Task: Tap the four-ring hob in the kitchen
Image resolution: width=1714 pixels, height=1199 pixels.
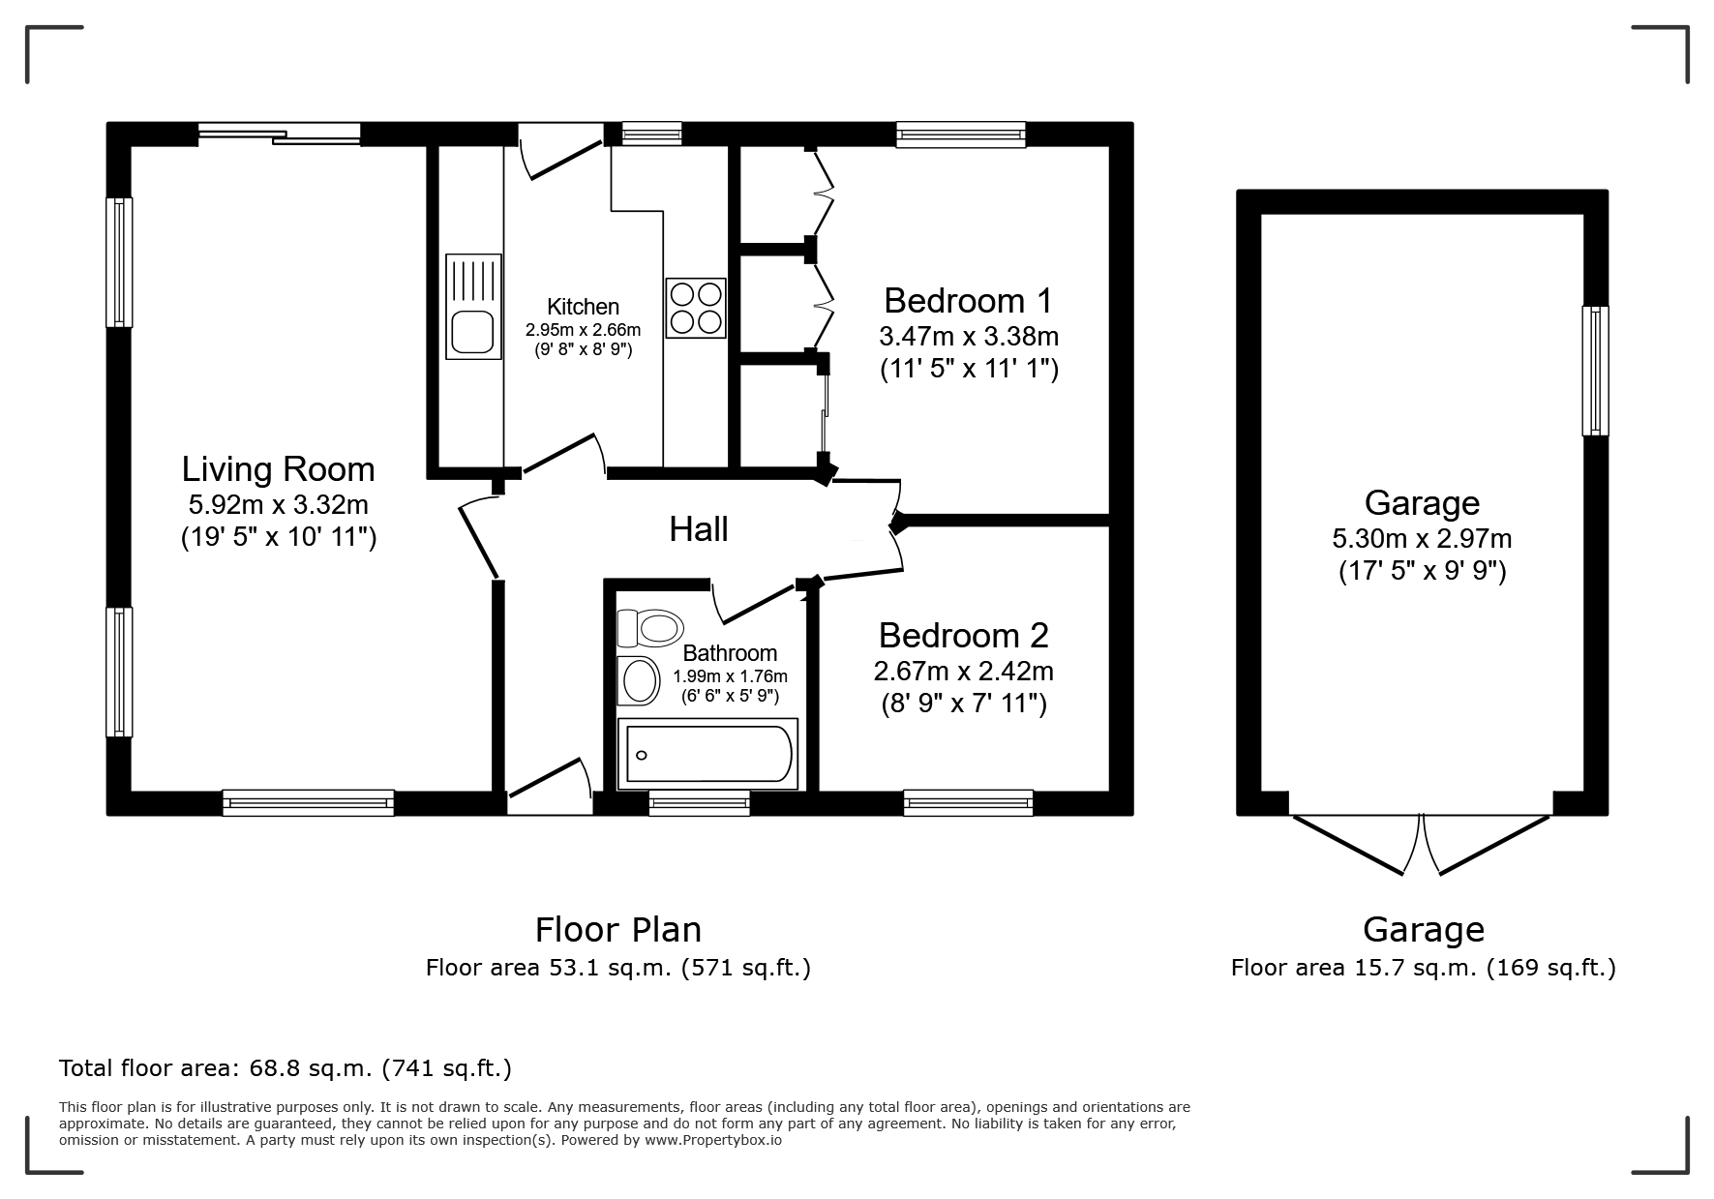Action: tap(695, 308)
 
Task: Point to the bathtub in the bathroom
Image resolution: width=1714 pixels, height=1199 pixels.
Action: tap(707, 754)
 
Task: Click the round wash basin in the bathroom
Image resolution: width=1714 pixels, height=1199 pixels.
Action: tap(638, 679)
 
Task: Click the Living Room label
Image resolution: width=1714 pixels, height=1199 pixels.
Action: tap(279, 469)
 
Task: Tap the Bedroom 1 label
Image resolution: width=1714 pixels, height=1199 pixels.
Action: tap(968, 301)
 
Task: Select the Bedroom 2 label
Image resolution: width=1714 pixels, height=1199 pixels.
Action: tap(964, 636)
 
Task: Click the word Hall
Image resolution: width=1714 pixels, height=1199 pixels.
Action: tap(699, 529)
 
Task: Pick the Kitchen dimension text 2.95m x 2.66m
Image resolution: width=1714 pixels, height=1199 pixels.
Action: tap(583, 330)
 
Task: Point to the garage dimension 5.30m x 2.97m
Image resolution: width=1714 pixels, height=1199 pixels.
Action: tap(1422, 538)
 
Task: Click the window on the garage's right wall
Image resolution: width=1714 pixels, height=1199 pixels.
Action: tap(1595, 371)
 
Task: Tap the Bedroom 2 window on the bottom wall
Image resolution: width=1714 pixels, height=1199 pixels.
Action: tap(968, 803)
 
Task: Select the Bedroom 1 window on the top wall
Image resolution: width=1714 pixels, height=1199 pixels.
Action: tap(960, 135)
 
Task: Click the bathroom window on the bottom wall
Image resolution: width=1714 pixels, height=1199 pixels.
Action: tap(699, 803)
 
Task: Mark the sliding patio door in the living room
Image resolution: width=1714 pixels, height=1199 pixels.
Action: tap(280, 135)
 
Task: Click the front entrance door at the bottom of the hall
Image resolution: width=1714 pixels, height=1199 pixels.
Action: tap(550, 786)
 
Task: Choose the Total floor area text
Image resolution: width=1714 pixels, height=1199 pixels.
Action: tap(286, 1068)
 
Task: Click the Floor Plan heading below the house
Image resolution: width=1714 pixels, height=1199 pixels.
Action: tap(618, 929)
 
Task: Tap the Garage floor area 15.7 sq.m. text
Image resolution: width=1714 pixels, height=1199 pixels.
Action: tap(1423, 967)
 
